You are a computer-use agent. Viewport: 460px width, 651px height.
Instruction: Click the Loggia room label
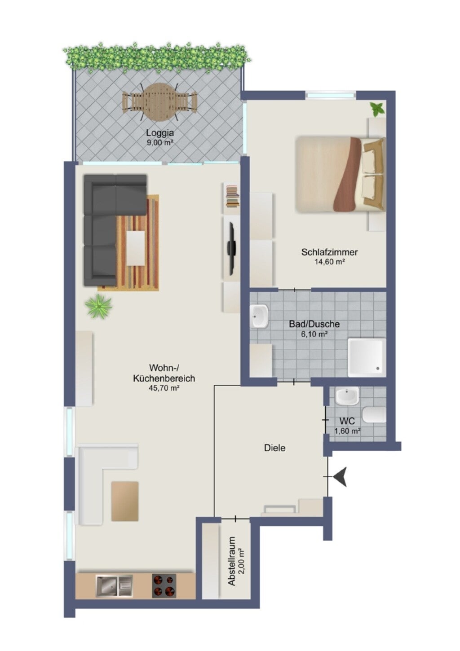click(160, 133)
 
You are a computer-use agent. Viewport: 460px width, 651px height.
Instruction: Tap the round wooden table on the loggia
click(159, 103)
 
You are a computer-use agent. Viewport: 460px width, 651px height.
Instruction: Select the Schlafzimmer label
click(329, 252)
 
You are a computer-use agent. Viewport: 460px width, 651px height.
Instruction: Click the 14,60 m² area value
click(329, 262)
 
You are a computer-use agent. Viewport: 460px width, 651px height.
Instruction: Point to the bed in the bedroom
click(341, 174)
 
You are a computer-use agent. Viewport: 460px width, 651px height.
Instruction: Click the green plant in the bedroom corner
click(377, 109)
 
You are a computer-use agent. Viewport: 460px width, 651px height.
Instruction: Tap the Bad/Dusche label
click(314, 324)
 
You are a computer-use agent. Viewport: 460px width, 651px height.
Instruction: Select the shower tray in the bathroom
click(367, 357)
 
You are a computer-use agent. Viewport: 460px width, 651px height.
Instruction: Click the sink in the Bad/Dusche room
click(259, 316)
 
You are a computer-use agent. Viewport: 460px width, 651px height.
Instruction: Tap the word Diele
click(274, 448)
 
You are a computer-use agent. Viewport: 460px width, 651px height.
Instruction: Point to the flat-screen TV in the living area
click(231, 249)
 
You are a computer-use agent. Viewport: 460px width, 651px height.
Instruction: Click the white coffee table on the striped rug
click(136, 248)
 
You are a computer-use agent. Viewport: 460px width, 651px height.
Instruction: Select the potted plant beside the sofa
click(98, 306)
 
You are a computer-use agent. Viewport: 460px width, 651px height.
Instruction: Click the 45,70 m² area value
click(164, 388)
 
